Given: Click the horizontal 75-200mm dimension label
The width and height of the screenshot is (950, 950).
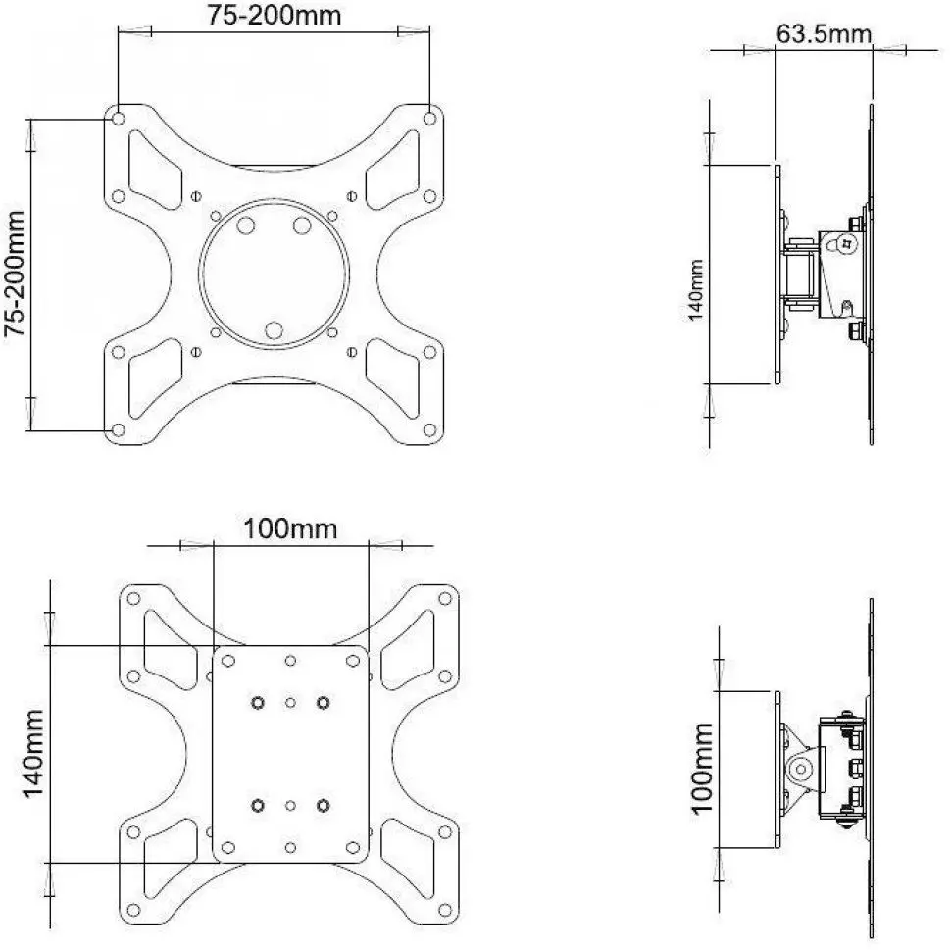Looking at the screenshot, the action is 275,15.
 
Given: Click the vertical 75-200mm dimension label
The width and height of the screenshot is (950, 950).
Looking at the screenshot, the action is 15,274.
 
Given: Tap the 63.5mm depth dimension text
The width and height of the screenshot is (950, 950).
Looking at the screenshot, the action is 824,34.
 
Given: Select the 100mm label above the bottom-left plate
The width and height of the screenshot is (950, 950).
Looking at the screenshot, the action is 290,529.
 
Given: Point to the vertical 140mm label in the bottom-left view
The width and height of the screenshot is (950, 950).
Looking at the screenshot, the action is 33,754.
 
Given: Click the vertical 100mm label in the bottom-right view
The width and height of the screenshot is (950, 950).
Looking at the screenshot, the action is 702,769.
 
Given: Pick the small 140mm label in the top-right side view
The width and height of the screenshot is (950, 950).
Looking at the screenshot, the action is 695,290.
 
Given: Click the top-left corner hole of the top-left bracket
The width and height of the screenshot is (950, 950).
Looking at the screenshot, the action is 119,118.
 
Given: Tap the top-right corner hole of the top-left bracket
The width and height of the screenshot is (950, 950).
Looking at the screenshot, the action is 429,119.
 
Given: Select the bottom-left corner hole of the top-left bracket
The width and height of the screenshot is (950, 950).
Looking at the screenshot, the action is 119,430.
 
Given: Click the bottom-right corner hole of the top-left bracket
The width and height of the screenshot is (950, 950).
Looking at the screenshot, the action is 429,430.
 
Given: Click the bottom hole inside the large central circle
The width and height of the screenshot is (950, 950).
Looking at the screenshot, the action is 274,330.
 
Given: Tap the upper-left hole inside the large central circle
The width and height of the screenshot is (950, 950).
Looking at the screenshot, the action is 246,225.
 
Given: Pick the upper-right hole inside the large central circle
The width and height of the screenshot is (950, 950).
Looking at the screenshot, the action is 302,225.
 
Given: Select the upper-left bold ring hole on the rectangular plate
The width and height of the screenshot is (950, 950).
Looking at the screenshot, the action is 258,703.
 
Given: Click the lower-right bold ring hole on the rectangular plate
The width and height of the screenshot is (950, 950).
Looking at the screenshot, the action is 324,805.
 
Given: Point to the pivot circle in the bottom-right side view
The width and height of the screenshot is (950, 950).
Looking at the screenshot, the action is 801,770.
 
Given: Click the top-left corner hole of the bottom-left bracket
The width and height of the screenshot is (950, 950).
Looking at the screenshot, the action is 134,599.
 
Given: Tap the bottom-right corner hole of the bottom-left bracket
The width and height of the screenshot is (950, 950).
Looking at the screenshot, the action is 445,910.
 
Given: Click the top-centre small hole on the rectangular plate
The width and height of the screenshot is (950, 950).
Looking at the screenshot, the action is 290,661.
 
